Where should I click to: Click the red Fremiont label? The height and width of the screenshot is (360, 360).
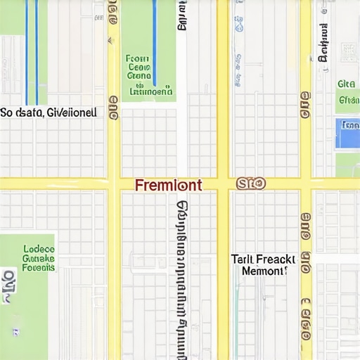[x=168, y=185]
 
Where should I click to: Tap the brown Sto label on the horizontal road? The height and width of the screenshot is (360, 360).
[x=251, y=184]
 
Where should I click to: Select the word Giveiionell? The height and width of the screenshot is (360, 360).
[x=72, y=112]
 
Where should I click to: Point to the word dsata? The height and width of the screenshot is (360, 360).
[x=30, y=112]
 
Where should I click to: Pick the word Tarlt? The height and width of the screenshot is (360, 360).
[x=242, y=259]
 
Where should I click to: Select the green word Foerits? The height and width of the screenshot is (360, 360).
[x=39, y=267]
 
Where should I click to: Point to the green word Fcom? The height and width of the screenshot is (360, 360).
[x=138, y=60]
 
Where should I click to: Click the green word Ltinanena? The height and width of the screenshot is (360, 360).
[x=150, y=91]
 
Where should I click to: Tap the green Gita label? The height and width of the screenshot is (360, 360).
[x=346, y=84]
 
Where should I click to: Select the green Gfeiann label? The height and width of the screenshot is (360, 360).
[x=348, y=100]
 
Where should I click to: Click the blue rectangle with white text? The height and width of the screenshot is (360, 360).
[x=347, y=133]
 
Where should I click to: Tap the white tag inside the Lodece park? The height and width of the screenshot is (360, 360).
[x=8, y=285]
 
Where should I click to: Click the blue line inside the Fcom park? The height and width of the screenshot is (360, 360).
[x=155, y=42]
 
